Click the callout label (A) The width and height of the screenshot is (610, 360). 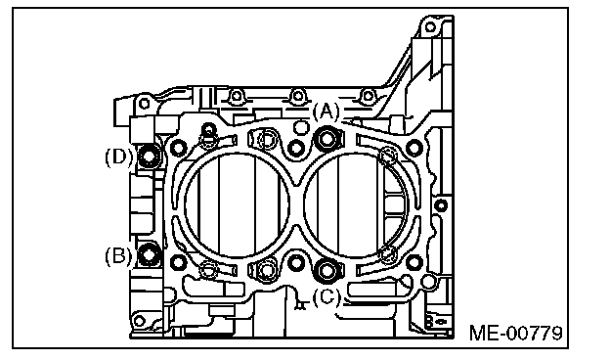pyautogui.click(x=326, y=112)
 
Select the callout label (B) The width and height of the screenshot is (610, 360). pyautogui.click(x=118, y=256)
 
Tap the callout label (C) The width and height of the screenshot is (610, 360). pyautogui.click(x=327, y=298)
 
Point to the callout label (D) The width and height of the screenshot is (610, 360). pyautogui.click(x=118, y=157)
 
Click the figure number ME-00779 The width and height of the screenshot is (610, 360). pyautogui.click(x=516, y=334)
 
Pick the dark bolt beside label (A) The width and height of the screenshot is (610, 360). pyautogui.click(x=327, y=138)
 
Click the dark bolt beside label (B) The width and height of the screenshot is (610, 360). pyautogui.click(x=149, y=254)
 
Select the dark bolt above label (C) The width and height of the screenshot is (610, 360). pyautogui.click(x=327, y=269)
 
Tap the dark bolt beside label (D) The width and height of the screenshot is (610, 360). pyautogui.click(x=149, y=157)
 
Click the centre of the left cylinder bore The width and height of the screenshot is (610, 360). pyautogui.click(x=237, y=204)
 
